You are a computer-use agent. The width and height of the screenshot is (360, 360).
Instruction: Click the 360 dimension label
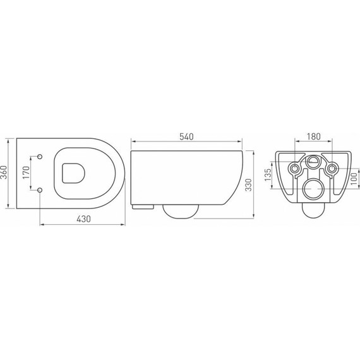pyautogui.click(x=4, y=172)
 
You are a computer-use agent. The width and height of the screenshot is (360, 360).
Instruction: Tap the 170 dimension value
pyautogui.click(x=27, y=172)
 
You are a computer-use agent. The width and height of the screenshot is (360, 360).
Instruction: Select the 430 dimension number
pyautogui.click(x=83, y=219)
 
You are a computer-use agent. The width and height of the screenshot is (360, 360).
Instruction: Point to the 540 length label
pyautogui.click(x=186, y=137)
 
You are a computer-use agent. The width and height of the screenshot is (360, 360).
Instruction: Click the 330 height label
pyautogui.click(x=249, y=185)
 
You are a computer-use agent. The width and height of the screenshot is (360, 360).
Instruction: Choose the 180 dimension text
pyautogui.click(x=314, y=136)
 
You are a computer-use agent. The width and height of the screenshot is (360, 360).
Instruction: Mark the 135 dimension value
pyautogui.click(x=268, y=175)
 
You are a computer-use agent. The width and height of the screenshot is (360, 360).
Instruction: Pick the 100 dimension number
pyautogui.click(x=354, y=179)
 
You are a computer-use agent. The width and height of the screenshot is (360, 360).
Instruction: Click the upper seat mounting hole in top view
pyautogui.click(x=40, y=157)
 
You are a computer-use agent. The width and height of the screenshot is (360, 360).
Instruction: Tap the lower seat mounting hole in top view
pyautogui.click(x=40, y=190)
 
